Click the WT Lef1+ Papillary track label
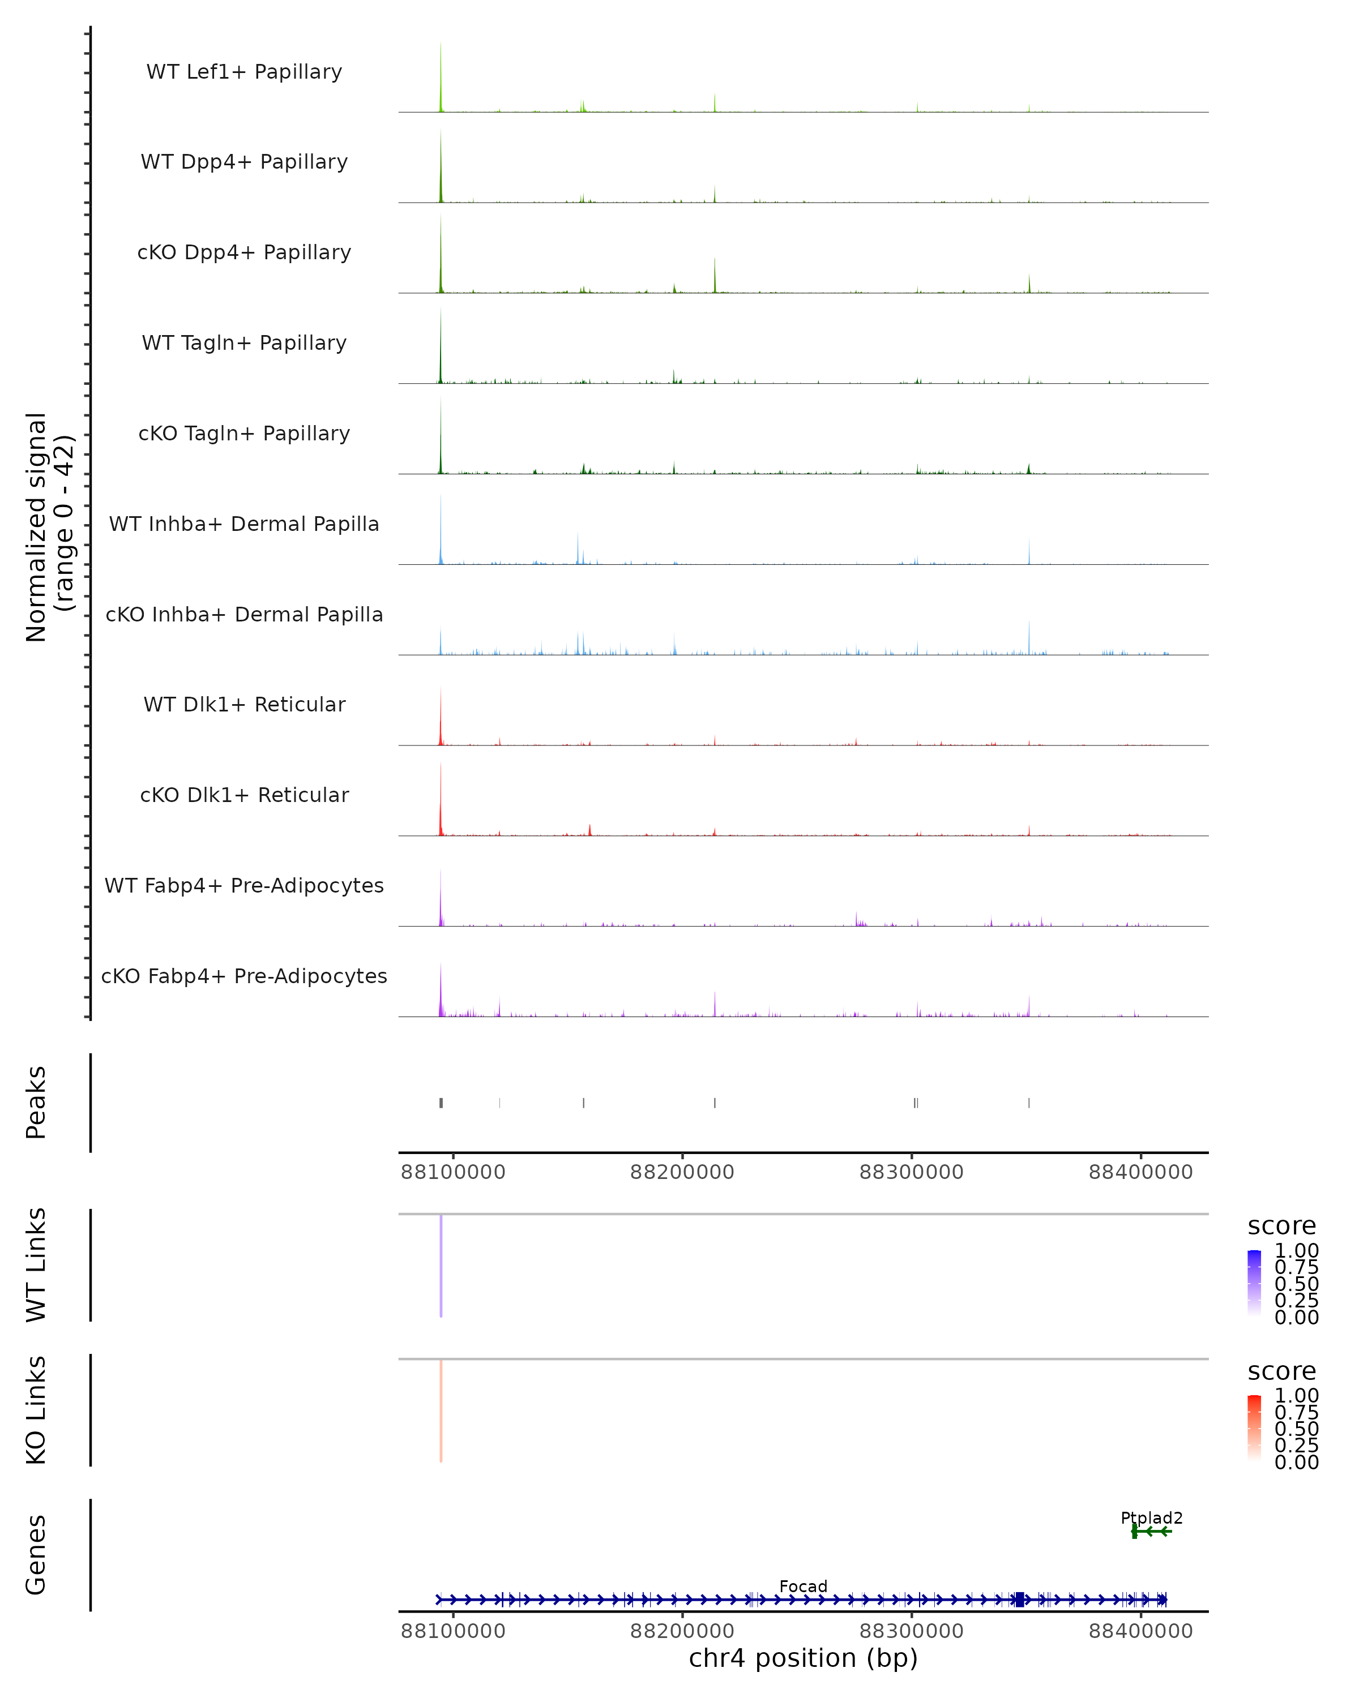[x=244, y=72]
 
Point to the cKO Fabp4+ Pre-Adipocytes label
[x=244, y=976]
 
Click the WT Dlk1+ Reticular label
[x=244, y=704]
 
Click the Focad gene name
[x=803, y=1586]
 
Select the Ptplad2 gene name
[x=1151, y=1517]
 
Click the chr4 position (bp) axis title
[x=803, y=1658]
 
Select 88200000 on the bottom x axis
[x=682, y=1631]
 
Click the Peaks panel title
[x=36, y=1103]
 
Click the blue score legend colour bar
[x=1254, y=1282]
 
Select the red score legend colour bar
[x=1254, y=1427]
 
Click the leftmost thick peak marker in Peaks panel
[x=441, y=1103]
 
